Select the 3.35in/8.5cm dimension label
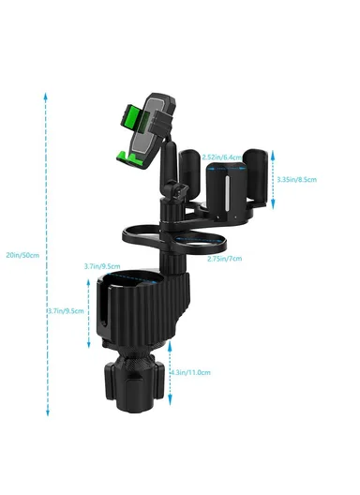pos(297,178)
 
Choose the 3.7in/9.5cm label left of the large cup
pos(66,311)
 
